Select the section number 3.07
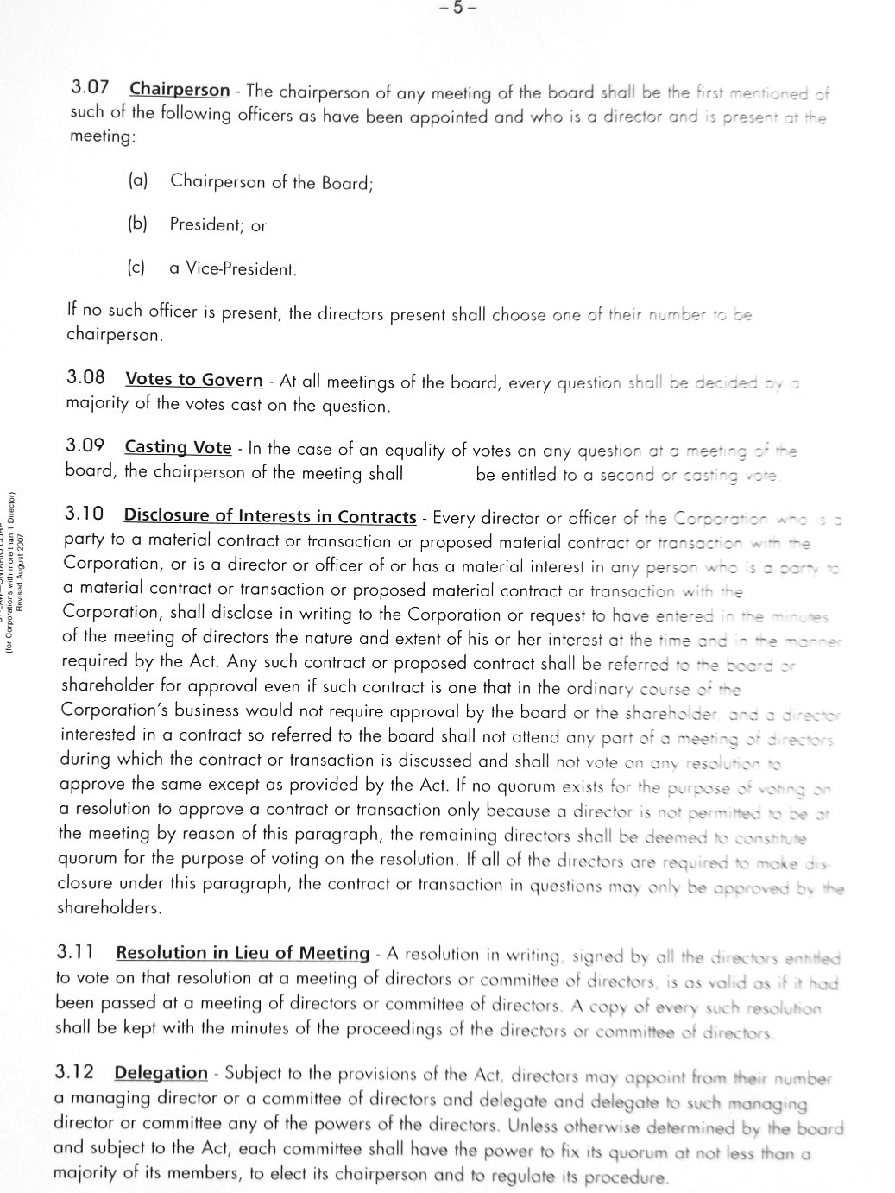pos(90,87)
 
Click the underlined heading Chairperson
pos(180,89)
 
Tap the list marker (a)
pos(138,180)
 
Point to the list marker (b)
pos(138,223)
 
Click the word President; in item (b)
pos(207,224)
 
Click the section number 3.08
pos(85,377)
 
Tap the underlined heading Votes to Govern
pos(194,379)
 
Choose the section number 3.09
pos(85,445)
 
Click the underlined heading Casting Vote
pos(178,447)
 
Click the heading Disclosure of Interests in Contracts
pos(270,516)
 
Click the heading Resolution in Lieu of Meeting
pos(243,953)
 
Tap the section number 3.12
pos(74,1071)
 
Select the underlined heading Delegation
pos(161,1073)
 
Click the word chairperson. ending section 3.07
pos(113,334)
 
